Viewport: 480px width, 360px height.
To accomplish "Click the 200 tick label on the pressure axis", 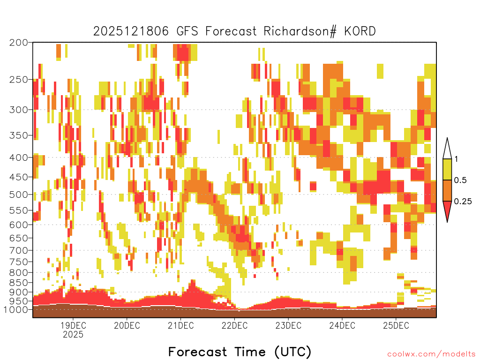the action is (18, 43).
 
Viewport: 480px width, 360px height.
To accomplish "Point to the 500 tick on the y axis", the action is (18, 195).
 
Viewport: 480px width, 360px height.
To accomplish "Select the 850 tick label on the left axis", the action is (18, 282).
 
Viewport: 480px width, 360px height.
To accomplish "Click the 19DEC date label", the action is (73, 325).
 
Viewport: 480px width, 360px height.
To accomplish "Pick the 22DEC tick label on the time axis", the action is (234, 325).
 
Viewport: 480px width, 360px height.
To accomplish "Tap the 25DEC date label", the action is (396, 325).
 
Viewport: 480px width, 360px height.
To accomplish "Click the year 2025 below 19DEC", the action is (73, 334).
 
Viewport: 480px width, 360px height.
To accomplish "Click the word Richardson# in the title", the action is (300, 31).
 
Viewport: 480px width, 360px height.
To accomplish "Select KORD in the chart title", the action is (360, 31).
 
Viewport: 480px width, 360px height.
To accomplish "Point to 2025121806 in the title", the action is (131, 31).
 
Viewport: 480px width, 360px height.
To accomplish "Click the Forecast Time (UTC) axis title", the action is (240, 352).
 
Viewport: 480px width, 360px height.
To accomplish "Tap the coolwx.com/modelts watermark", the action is (431, 354).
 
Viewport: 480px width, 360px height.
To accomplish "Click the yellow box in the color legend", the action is (447, 169).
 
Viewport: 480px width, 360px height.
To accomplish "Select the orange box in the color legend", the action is (447, 190).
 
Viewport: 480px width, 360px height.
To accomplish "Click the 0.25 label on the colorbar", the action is (463, 202).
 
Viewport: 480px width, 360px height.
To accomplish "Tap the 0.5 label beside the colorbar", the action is (460, 180).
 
